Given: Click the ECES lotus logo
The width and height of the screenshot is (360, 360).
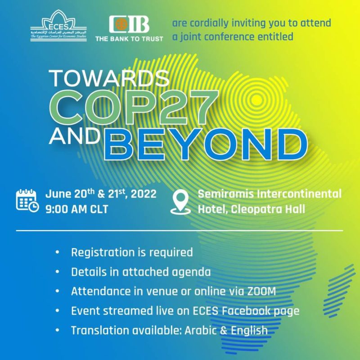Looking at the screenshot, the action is point(58,26).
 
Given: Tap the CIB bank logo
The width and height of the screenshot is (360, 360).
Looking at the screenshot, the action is point(129,24).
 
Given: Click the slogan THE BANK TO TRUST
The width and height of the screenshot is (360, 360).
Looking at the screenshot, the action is point(129,39).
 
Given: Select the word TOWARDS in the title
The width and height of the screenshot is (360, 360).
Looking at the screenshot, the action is point(109,78).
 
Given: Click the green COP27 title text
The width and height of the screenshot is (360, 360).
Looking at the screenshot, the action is point(134,108).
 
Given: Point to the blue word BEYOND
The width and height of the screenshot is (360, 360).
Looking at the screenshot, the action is point(206,144).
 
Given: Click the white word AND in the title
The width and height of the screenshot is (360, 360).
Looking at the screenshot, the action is point(75,136).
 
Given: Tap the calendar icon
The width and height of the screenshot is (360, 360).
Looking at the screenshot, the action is point(27,200).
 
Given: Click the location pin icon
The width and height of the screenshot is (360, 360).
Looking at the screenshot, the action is point(180,202).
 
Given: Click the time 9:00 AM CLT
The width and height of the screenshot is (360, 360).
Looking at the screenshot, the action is point(76,209).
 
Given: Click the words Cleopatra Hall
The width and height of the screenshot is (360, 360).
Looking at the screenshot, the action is point(268,209).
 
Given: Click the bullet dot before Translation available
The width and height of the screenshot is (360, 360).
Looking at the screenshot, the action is point(57,330).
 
